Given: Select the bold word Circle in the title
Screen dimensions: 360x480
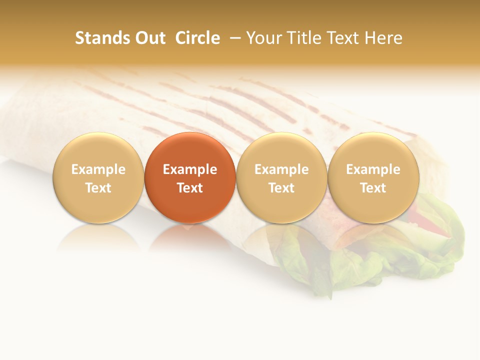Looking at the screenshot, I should (x=197, y=38).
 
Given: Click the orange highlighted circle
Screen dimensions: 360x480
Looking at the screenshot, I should (x=190, y=150).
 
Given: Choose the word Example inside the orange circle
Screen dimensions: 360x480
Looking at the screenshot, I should (x=190, y=169).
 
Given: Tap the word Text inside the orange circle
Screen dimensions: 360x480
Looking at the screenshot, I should (x=190, y=188).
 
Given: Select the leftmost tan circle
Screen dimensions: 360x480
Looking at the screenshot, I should (x=98, y=150).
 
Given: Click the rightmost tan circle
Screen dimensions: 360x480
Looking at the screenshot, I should (x=373, y=150).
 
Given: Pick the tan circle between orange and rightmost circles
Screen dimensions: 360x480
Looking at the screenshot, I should (x=281, y=150).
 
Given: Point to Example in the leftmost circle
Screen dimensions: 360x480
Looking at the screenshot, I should (x=98, y=169).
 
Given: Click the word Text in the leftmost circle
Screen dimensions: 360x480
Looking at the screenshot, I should (x=98, y=188).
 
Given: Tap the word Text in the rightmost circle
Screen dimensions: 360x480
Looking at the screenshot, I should (x=373, y=188).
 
